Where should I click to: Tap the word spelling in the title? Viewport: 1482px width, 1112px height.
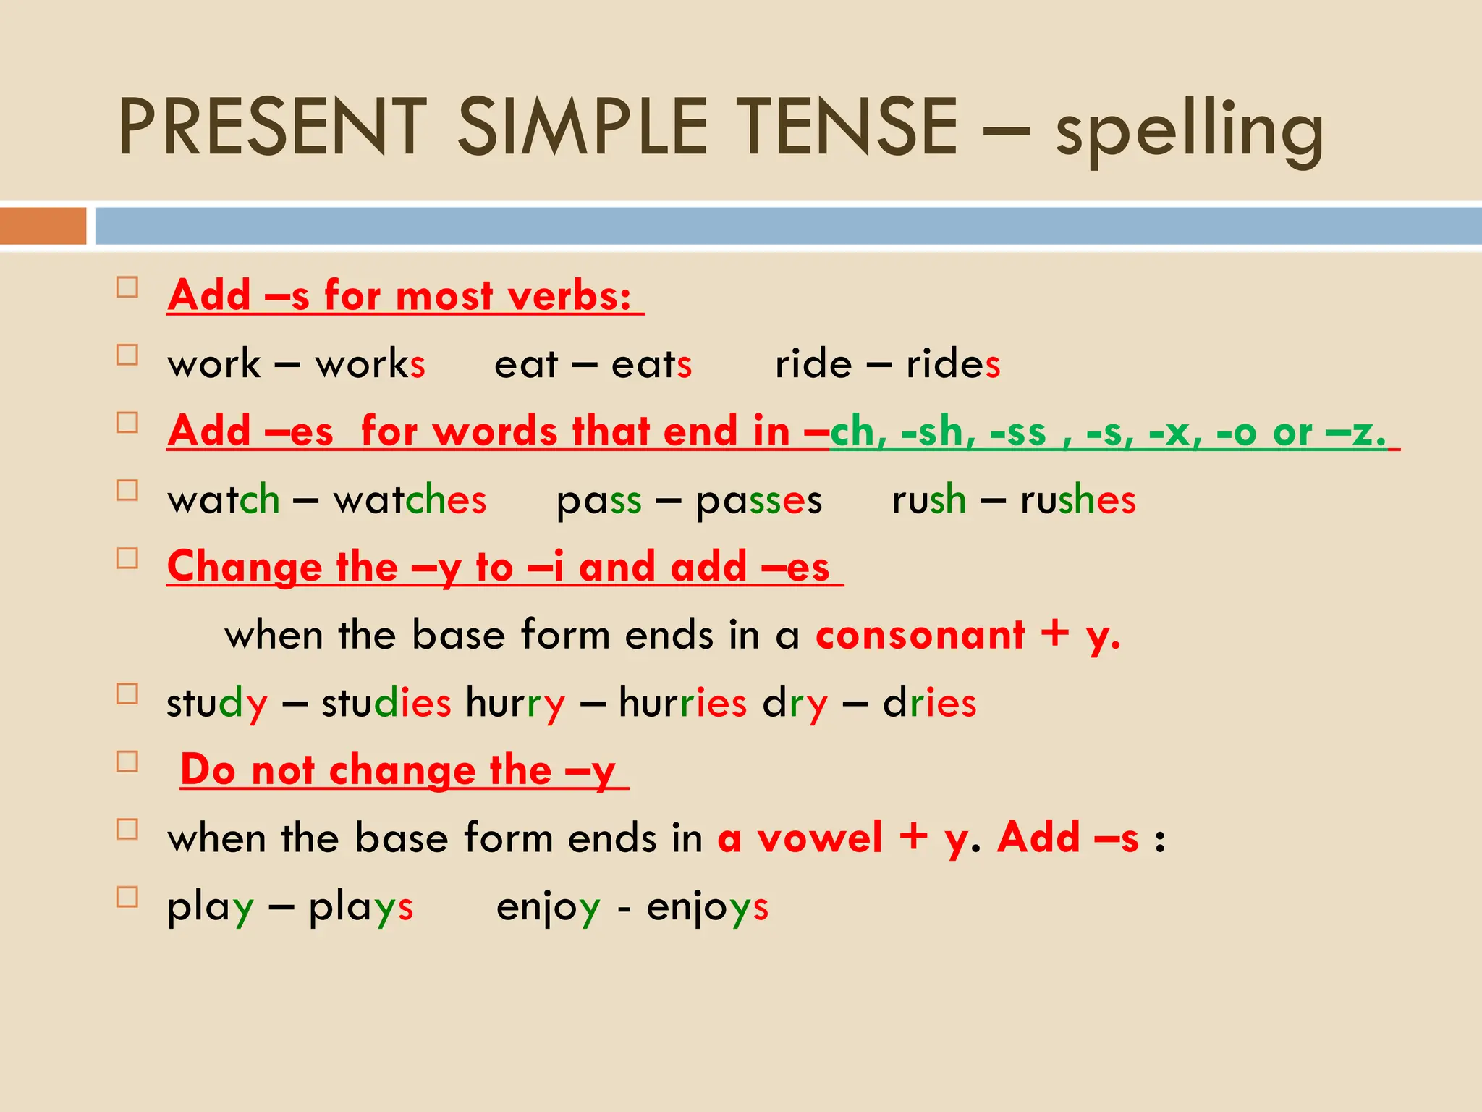click(x=1189, y=130)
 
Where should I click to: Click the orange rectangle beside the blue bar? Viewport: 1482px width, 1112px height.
click(x=43, y=226)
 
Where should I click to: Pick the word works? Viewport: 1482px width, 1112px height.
click(x=370, y=363)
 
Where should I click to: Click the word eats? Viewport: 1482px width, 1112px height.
click(x=651, y=363)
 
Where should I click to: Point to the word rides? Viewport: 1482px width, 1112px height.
click(x=953, y=363)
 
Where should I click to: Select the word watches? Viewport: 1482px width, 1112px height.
click(x=410, y=500)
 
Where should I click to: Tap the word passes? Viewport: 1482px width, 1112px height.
click(x=758, y=501)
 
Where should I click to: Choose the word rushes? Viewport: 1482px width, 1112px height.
click(x=1077, y=500)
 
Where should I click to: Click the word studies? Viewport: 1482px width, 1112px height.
click(x=386, y=702)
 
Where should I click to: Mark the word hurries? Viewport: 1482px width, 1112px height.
click(x=682, y=702)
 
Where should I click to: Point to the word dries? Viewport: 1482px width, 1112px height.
click(x=929, y=702)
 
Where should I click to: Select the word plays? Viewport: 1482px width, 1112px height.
click(x=360, y=908)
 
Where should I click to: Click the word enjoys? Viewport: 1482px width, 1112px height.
click(x=707, y=908)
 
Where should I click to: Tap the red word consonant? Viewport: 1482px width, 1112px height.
click(x=920, y=635)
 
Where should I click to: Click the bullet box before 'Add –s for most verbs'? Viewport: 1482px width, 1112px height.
click(x=127, y=287)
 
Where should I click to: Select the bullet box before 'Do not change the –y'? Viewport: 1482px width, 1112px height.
click(x=127, y=762)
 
